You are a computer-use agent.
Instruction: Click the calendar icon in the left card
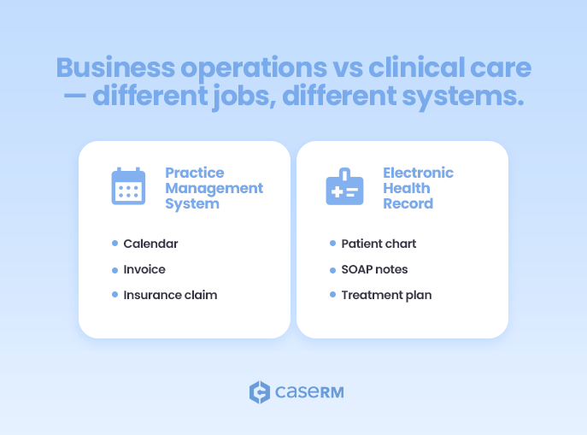pos(128,186)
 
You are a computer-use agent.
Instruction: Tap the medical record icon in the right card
pos(344,186)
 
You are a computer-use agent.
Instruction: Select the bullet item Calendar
pos(150,244)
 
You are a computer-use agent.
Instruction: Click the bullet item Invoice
pos(144,269)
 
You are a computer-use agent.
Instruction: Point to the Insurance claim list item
pos(170,295)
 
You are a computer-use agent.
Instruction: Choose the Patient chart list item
pos(379,244)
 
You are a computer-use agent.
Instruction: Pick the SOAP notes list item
pos(374,269)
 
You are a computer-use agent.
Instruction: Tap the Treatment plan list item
pos(386,295)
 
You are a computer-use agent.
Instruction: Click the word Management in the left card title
pos(214,188)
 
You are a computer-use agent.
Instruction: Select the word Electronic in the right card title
pos(418,173)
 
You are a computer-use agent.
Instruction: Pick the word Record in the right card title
pos(408,203)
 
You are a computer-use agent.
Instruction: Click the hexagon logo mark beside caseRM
pos(259,392)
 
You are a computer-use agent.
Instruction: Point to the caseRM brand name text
pos(308,392)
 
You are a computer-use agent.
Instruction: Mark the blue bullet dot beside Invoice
pos(114,269)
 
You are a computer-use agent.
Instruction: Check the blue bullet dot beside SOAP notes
pos(332,269)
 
